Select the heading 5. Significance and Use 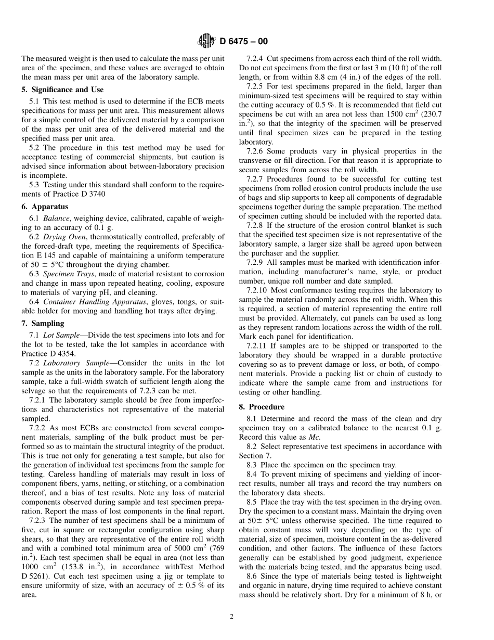point(62,89)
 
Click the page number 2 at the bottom point(232,617)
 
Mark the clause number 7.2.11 point(258,345)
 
